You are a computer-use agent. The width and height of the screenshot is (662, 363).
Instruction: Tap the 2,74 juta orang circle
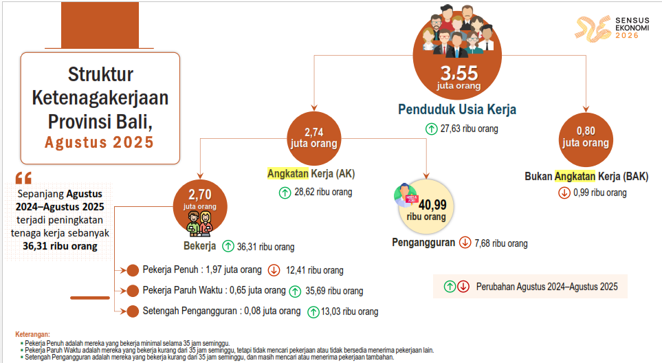pos(313,138)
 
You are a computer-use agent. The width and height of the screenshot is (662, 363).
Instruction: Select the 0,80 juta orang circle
pos(586,140)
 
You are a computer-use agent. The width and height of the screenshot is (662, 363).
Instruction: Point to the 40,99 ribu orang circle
pos(426,207)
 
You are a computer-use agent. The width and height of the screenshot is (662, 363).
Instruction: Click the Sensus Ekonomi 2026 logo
pos(612,28)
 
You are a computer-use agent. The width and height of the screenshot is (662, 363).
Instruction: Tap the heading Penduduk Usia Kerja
pos(457,109)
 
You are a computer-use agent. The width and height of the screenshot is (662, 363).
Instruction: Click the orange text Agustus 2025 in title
pos(99,143)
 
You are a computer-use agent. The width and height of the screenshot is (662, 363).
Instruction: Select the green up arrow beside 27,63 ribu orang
pos(431,129)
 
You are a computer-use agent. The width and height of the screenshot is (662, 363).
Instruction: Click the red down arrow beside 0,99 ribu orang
pos(564,193)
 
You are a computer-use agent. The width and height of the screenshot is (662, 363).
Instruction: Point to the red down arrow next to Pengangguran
pos(465,243)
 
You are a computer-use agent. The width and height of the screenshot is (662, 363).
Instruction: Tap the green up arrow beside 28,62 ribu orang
pos(285,193)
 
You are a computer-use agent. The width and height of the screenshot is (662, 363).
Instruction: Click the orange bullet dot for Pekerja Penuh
pos(133,270)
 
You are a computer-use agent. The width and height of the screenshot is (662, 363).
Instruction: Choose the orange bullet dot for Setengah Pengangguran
pos(133,311)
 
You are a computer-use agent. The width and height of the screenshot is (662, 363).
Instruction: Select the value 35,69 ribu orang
pos(334,291)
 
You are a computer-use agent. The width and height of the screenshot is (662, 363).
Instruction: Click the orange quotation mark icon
pos(23,178)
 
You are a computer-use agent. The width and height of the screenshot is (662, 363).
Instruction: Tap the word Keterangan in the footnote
pos(32,334)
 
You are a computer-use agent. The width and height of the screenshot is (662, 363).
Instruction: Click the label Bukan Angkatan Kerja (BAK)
pos(586,177)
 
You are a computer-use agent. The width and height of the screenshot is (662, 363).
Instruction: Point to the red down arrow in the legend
pos(463,287)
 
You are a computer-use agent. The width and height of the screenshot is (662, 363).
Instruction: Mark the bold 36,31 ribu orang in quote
pos(60,246)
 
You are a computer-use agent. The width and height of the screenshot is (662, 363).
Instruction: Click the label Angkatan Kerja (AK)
pos(311,173)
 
